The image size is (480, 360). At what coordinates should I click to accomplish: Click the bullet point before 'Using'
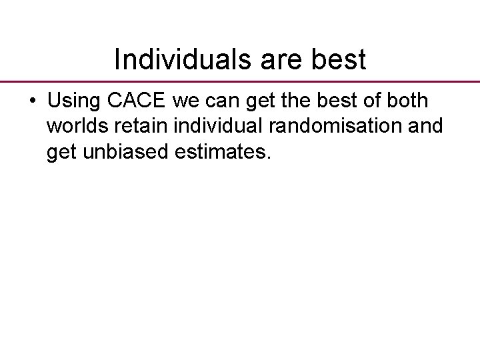point(33,102)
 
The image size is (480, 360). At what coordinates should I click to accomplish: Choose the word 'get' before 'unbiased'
point(60,153)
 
